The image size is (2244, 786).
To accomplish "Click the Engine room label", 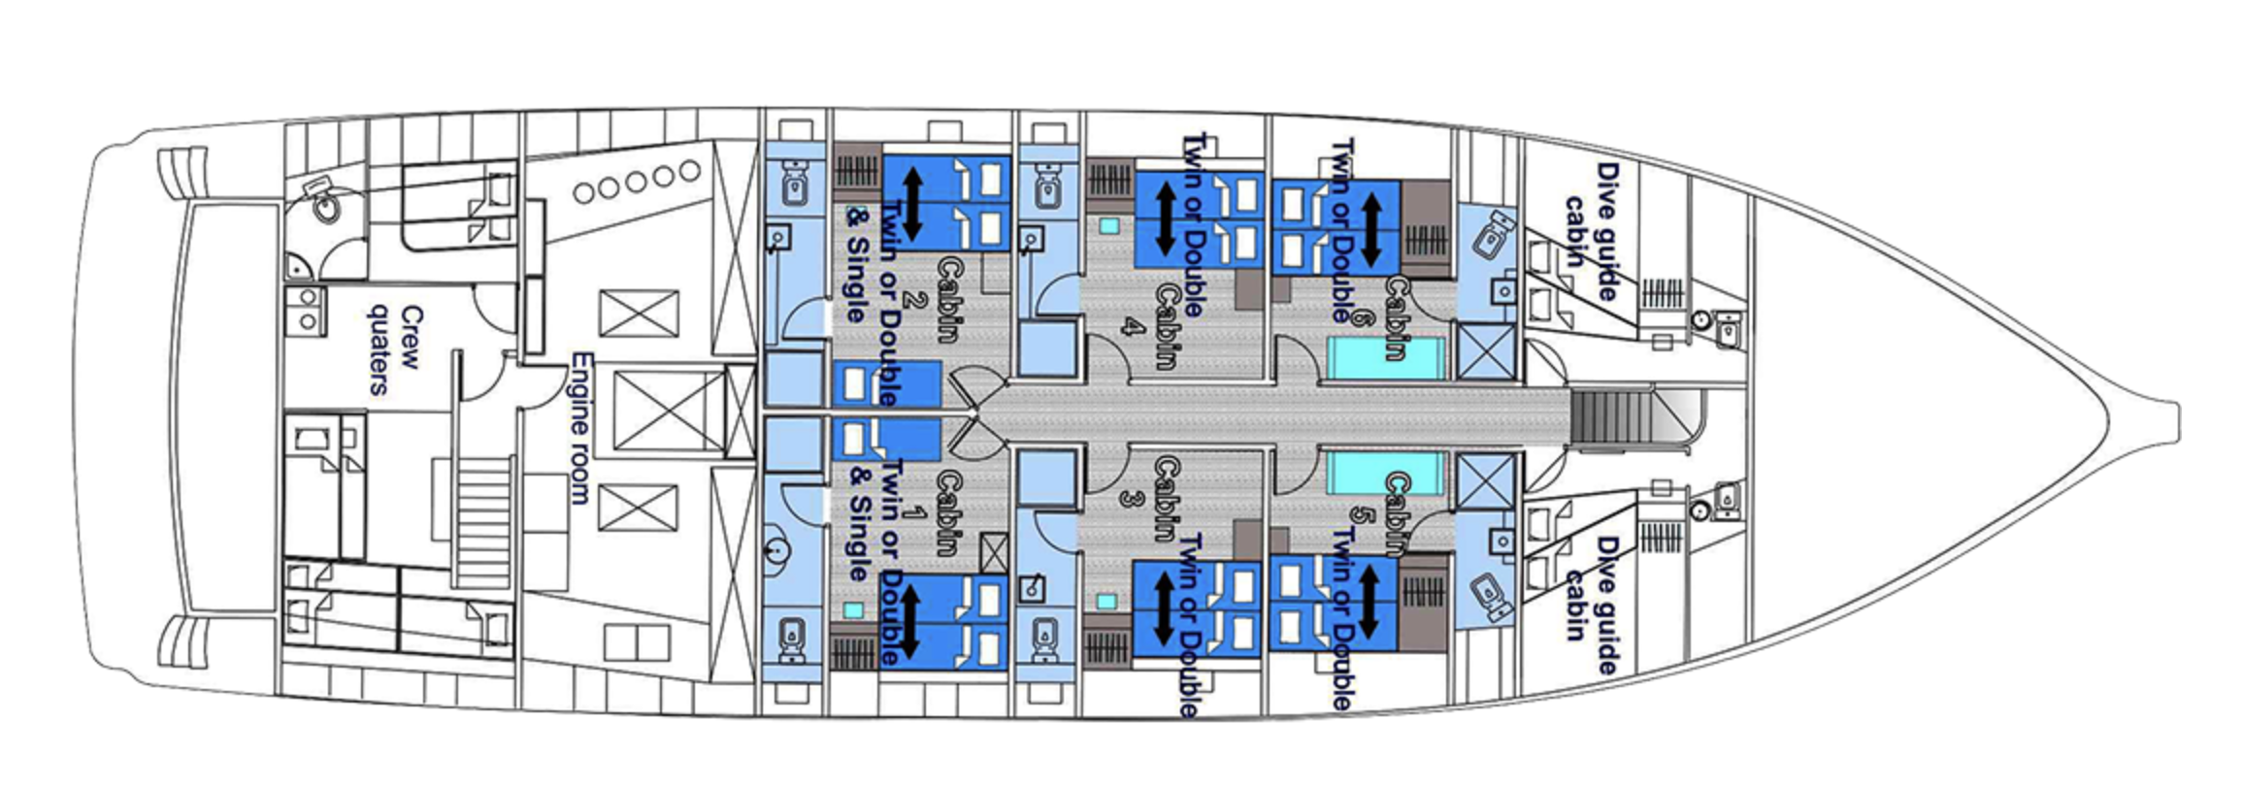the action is [579, 428].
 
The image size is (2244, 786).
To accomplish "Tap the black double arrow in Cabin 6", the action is [1370, 229].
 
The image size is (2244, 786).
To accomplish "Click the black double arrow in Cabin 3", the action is [1164, 608].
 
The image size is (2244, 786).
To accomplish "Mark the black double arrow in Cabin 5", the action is [1369, 602].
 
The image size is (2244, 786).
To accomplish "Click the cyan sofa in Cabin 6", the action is [1386, 358].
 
